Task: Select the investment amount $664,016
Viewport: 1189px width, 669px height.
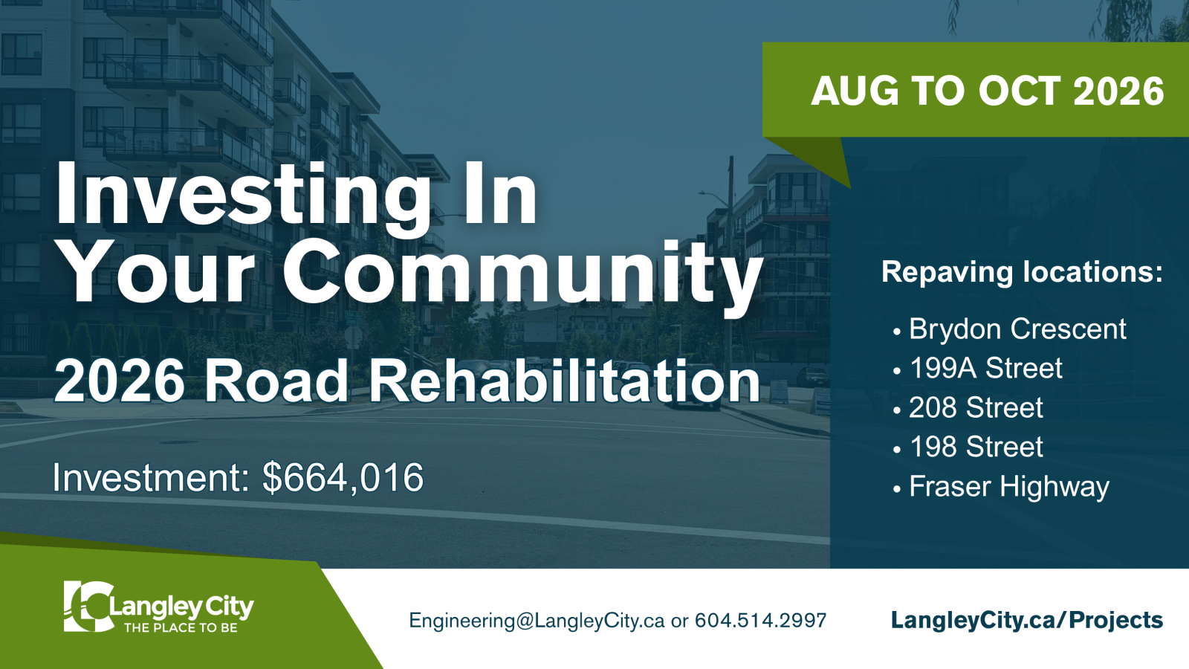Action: [343, 478]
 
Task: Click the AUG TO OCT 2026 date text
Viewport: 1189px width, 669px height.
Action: [988, 91]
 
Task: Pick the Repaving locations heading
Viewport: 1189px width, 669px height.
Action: [1023, 272]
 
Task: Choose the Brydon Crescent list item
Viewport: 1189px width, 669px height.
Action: [1017, 329]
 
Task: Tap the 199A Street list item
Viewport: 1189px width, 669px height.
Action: [985, 368]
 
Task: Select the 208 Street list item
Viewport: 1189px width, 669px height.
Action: [976, 407]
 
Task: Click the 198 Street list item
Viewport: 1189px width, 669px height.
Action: [976, 447]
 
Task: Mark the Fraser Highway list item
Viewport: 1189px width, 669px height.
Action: [1009, 487]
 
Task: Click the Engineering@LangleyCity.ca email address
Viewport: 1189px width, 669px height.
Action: [537, 620]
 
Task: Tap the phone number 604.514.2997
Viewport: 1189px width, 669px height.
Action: [761, 620]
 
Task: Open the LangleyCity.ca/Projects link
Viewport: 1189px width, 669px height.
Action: [1027, 620]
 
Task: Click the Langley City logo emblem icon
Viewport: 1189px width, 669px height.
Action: [88, 607]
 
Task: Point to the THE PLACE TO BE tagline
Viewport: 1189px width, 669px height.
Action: [181, 627]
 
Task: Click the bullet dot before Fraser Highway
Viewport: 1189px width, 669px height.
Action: [897, 489]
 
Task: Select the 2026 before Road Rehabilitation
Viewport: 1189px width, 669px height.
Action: [120, 381]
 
